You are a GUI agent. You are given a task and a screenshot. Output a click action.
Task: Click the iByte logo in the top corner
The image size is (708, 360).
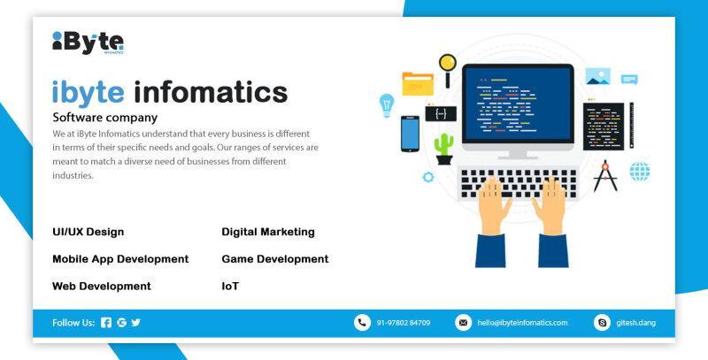(88, 42)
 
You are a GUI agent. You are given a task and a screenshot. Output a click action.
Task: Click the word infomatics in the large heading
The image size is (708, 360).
(211, 93)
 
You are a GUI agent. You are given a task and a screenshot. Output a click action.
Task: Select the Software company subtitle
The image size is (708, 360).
(104, 118)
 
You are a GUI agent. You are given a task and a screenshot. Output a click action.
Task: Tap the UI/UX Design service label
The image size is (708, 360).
(88, 232)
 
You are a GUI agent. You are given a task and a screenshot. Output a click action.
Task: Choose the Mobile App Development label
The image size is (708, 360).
(120, 259)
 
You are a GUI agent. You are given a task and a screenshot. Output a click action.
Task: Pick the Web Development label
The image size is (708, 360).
(102, 286)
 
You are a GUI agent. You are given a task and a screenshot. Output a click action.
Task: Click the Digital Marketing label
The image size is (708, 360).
(268, 232)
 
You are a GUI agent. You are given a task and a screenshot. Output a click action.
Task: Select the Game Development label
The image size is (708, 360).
(275, 259)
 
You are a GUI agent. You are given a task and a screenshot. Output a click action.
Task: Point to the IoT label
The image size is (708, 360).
(230, 286)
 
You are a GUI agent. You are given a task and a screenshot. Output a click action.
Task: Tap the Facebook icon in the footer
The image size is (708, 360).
(106, 323)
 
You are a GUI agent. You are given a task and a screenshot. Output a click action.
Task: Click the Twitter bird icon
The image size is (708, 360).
(136, 323)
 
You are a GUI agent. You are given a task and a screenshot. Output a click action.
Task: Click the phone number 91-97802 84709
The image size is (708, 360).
(404, 323)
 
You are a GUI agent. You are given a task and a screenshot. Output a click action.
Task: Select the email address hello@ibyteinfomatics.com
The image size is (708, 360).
(522, 323)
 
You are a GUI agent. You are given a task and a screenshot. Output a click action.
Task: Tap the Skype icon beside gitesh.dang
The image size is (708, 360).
(602, 323)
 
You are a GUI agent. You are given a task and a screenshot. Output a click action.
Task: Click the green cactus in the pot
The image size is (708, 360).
(444, 149)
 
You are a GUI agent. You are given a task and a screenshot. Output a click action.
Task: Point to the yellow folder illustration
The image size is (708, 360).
(418, 84)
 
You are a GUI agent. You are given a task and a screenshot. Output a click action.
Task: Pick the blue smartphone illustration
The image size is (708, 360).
(410, 134)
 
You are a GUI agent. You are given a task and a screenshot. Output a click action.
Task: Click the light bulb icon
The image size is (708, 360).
(387, 105)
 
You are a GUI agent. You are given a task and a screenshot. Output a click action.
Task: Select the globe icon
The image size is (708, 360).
(640, 172)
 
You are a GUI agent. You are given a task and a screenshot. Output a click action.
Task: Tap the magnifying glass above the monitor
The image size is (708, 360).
(448, 70)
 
